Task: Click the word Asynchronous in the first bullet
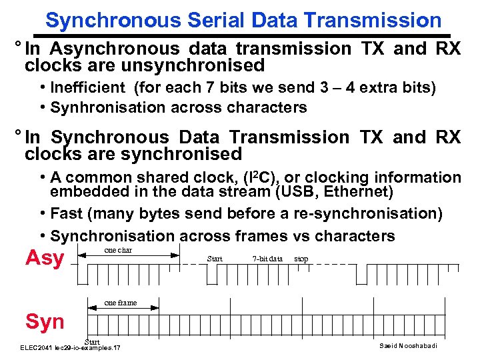tap(115, 49)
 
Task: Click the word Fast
tap(67, 214)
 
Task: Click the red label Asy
tap(45, 258)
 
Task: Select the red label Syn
tap(45, 322)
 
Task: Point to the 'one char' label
tap(119, 251)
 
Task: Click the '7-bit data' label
tap(267, 259)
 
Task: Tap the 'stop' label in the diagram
tap(301, 259)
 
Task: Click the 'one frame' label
tap(121, 303)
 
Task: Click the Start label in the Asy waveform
tap(215, 259)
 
